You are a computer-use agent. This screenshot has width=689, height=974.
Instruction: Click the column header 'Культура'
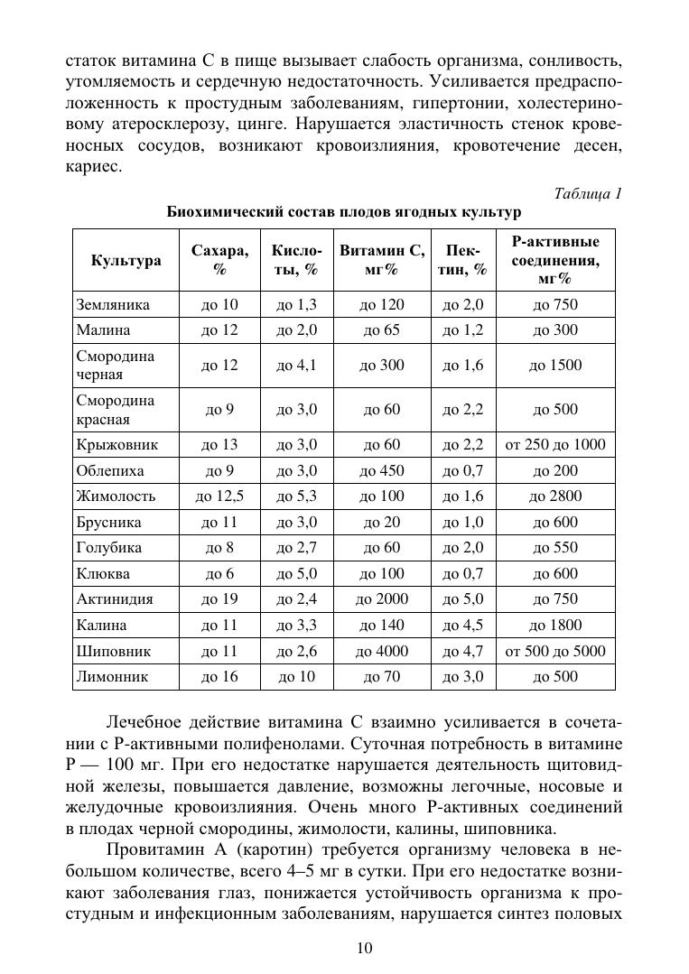(x=126, y=261)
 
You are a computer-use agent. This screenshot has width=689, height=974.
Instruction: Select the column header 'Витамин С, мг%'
(x=382, y=260)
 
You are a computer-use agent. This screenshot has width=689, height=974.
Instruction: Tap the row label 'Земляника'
(x=113, y=304)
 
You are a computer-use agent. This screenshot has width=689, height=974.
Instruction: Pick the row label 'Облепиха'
(x=110, y=470)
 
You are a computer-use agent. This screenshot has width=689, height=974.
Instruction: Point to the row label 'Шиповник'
(x=113, y=651)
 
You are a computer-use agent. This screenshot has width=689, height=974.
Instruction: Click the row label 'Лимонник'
(x=113, y=676)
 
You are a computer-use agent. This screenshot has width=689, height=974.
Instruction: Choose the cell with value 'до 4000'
(x=382, y=651)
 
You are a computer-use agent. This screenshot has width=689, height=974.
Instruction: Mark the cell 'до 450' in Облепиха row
(x=382, y=470)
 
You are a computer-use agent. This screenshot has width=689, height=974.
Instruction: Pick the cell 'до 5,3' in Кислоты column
(x=297, y=496)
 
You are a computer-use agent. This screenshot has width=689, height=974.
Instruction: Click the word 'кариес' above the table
(x=90, y=168)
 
